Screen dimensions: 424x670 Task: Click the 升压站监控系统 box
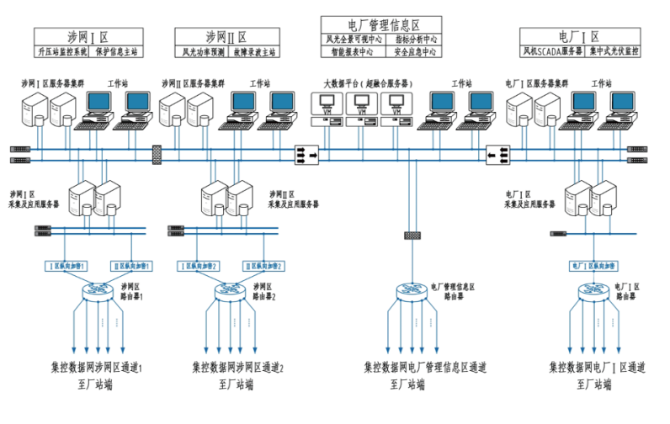click(63, 51)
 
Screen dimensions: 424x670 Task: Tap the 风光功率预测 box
click(204, 51)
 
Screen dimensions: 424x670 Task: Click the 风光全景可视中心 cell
click(354, 39)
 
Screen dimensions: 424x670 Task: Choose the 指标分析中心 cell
click(415, 39)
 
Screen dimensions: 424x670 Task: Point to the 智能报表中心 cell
click(354, 51)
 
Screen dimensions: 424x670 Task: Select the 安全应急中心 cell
click(415, 51)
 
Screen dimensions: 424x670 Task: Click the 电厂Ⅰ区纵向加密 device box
click(594, 266)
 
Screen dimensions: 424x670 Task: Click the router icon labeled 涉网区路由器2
click(229, 292)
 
